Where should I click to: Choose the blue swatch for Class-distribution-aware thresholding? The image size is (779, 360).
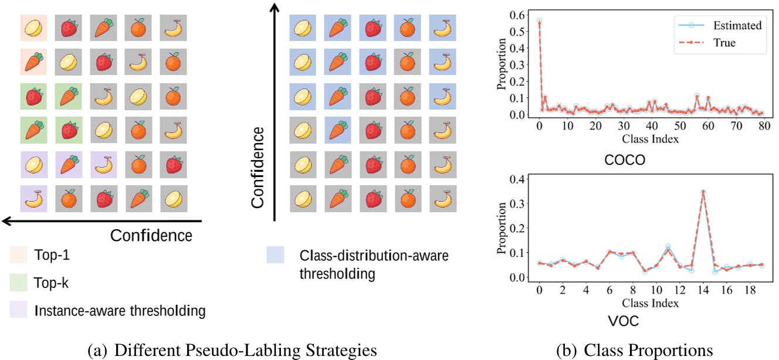click(275, 254)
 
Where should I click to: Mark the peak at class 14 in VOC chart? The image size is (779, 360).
click(703, 191)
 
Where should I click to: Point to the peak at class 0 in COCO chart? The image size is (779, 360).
click(539, 21)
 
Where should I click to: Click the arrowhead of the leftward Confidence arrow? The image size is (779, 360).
click(5, 221)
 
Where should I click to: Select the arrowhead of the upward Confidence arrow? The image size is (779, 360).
click(274, 6)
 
